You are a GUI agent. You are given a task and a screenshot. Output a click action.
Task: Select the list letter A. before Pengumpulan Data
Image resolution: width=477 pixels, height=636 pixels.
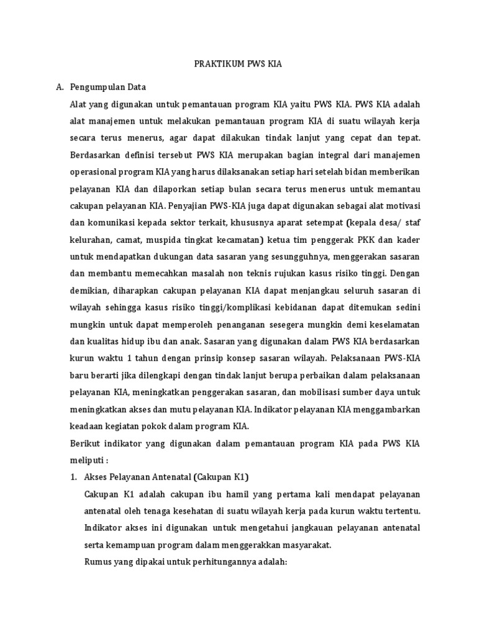pyautogui.click(x=61, y=87)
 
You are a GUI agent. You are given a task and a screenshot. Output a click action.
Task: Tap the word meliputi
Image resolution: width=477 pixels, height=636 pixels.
pyautogui.click(x=89, y=461)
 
